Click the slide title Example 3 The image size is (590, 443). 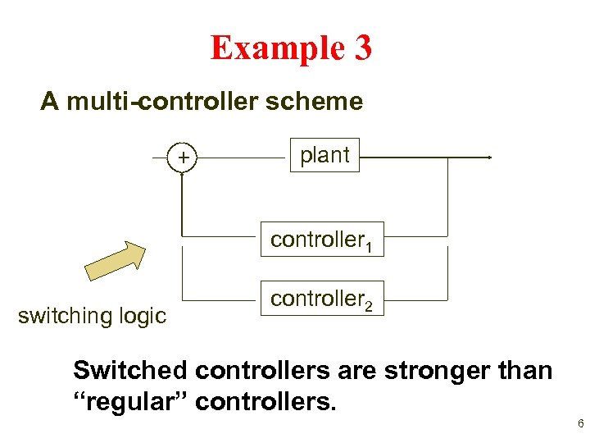291,48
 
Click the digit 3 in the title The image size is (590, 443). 363,48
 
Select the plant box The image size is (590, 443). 324,155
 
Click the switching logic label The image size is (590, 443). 92,315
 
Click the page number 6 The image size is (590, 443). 580,424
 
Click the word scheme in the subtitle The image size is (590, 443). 325,102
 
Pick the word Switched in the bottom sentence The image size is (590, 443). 131,371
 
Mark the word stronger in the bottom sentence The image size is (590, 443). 431,371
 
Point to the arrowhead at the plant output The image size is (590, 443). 488,157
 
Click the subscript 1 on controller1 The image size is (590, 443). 370,246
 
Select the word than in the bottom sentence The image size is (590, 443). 524,371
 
